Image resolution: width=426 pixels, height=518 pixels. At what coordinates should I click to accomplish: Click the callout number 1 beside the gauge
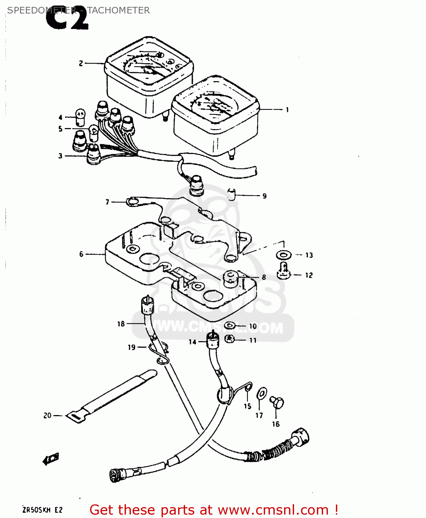(287, 110)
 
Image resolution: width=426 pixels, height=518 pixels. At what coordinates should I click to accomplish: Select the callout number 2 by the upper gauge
(81, 63)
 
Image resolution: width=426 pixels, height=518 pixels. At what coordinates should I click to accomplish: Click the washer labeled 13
(283, 255)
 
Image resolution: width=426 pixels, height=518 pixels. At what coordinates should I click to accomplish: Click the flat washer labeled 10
(230, 326)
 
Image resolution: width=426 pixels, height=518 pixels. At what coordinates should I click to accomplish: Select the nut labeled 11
(229, 339)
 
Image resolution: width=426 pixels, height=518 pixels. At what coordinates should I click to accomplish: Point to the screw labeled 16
(277, 402)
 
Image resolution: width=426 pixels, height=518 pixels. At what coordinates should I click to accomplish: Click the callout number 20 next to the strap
(47, 416)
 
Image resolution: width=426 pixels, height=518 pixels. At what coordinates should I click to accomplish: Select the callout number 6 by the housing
(81, 254)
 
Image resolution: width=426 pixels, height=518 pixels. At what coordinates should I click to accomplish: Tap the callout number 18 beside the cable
(121, 324)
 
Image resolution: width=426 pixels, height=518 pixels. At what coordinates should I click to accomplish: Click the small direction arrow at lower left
(51, 459)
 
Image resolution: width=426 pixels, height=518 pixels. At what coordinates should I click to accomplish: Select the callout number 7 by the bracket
(107, 202)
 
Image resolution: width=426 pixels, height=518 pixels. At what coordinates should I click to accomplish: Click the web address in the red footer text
(273, 510)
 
